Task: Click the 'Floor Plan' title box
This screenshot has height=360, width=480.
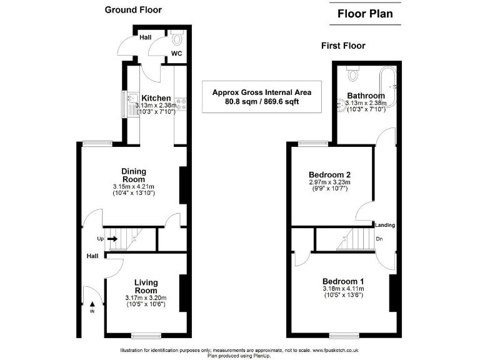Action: pyautogui.click(x=366, y=13)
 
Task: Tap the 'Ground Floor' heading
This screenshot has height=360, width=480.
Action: pyautogui.click(x=133, y=9)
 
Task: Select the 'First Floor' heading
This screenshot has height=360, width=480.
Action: pyautogui.click(x=343, y=46)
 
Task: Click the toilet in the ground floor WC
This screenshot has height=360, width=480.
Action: pyautogui.click(x=178, y=41)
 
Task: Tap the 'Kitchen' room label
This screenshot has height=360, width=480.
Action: pyautogui.click(x=156, y=98)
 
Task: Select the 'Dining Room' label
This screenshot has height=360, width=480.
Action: pyautogui.click(x=133, y=176)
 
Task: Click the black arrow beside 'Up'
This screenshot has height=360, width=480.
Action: pyautogui.click(x=112, y=238)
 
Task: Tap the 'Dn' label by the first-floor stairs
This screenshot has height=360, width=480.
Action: pyautogui.click(x=379, y=239)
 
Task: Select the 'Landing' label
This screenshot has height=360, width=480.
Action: pyautogui.click(x=385, y=225)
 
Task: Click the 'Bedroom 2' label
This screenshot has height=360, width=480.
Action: pyautogui.click(x=329, y=174)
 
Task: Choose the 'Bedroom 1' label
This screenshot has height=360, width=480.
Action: pyautogui.click(x=342, y=281)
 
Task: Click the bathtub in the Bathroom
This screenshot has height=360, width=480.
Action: pyautogui.click(x=393, y=87)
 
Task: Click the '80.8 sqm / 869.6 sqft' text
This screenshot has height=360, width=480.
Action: pyautogui.click(x=262, y=101)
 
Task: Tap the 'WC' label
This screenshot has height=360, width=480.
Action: pyautogui.click(x=177, y=54)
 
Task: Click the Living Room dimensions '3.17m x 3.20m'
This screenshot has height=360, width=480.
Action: pyautogui.click(x=146, y=297)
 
